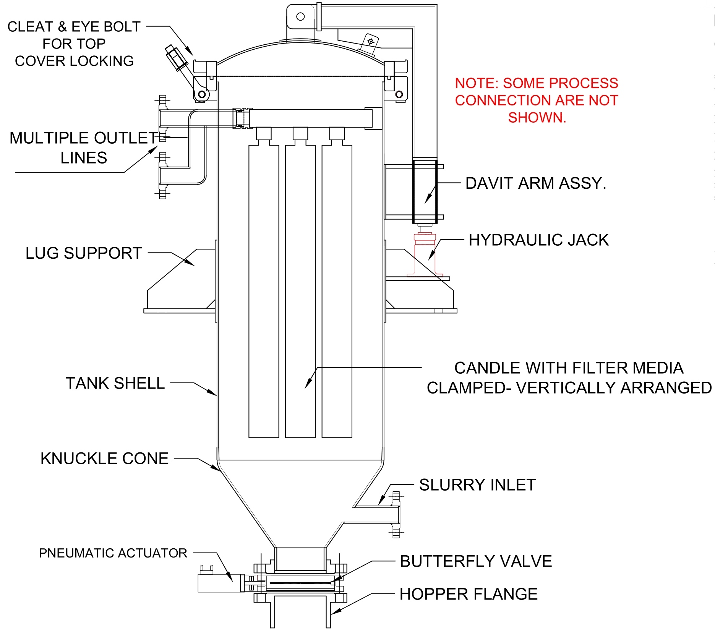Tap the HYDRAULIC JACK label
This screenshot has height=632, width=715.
point(538,240)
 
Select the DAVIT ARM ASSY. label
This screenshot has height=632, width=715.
point(535,183)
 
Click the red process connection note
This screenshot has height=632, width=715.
point(537,100)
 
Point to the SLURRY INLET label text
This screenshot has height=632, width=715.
point(477,485)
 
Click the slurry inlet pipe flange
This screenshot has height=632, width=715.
point(397,514)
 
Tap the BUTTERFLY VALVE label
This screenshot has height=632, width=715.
point(476,561)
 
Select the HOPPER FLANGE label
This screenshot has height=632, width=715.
point(469,594)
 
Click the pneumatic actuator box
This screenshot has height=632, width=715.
point(220,583)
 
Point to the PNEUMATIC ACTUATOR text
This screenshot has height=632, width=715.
point(113,553)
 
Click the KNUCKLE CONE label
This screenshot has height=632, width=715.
point(104,459)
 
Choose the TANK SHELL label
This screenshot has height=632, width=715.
point(115,383)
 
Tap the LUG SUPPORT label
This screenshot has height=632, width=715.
point(84,253)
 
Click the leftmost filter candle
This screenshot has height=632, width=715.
point(264,290)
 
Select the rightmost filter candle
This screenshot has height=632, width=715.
point(337,290)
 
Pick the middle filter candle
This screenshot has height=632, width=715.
point(300,290)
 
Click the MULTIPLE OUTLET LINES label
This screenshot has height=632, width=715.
point(84,148)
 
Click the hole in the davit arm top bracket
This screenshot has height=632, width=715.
point(300,16)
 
